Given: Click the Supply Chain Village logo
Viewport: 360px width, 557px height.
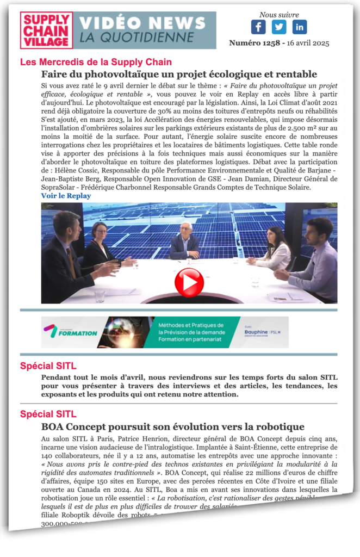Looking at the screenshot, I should tap(46, 30).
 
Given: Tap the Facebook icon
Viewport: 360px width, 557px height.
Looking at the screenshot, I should tap(258, 27).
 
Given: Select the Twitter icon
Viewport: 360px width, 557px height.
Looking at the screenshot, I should tap(279, 27).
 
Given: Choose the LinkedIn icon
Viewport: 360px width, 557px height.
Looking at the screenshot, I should tap(299, 27).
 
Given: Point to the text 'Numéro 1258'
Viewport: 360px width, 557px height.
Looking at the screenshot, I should tap(253, 43).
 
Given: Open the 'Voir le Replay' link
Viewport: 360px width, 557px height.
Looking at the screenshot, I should tap(66, 196).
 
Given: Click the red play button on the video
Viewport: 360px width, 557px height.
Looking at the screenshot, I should tap(189, 282).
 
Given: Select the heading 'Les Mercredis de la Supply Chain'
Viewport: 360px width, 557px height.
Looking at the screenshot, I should tap(96, 62).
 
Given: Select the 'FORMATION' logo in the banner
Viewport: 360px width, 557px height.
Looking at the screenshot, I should tap(71, 332).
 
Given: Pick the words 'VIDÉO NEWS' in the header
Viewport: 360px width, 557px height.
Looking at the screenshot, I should tap(142, 23).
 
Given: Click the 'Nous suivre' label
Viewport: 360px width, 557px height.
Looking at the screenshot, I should tap(279, 15).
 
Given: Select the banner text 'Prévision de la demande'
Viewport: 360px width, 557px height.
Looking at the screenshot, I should tap(195, 331).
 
